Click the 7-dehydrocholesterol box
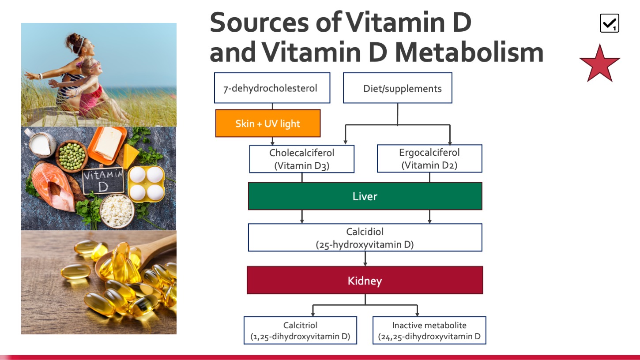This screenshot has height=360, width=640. pos(272,88)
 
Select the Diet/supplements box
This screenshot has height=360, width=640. pos(397,88)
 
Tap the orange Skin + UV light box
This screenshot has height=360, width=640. pos(268,124)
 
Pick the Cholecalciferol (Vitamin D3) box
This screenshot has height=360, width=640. pos(302,159)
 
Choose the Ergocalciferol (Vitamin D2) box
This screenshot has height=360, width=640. pos(429,159)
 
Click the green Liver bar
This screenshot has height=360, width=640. pos(365,196)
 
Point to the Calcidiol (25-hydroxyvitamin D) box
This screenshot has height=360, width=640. pos(365,237)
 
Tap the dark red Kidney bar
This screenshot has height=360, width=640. pos(365,280)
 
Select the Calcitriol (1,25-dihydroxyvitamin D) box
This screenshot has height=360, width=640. pos(300,330)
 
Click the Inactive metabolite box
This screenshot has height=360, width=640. pos(429,330)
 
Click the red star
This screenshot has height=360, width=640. pos(600,64)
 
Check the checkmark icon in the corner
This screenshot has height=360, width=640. pos(610,23)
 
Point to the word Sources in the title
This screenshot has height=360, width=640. pos(259,22)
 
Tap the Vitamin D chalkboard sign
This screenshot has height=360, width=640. pos(103,181)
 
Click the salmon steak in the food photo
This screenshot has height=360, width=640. pos(53,187)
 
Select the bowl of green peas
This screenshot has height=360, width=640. pos(72,156)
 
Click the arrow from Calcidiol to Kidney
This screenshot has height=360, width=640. pos(365,259)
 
